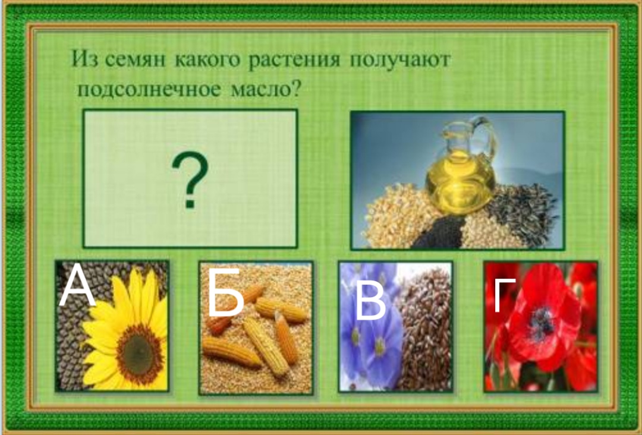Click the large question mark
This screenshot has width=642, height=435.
pos(190,180)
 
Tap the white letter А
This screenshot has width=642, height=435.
pos(77,286)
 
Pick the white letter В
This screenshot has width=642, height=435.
pos(370,301)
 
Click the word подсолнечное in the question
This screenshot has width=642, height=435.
pos(149,89)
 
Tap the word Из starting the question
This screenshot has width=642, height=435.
pos(84,60)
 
